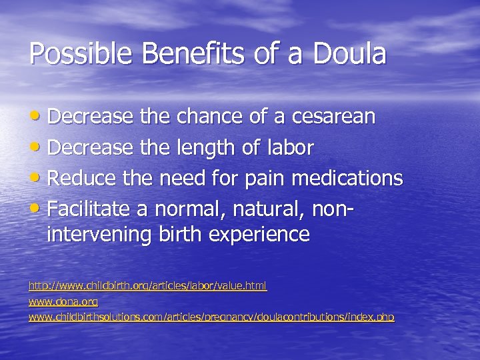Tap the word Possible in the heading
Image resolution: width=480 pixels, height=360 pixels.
(x=71, y=54)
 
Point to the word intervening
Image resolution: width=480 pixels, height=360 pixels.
(x=99, y=235)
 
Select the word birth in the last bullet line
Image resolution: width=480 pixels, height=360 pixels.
(x=178, y=235)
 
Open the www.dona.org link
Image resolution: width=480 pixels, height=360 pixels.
(x=63, y=302)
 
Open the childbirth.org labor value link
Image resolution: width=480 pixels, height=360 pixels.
(x=147, y=286)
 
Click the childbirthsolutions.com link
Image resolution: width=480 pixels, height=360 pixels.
(x=211, y=318)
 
